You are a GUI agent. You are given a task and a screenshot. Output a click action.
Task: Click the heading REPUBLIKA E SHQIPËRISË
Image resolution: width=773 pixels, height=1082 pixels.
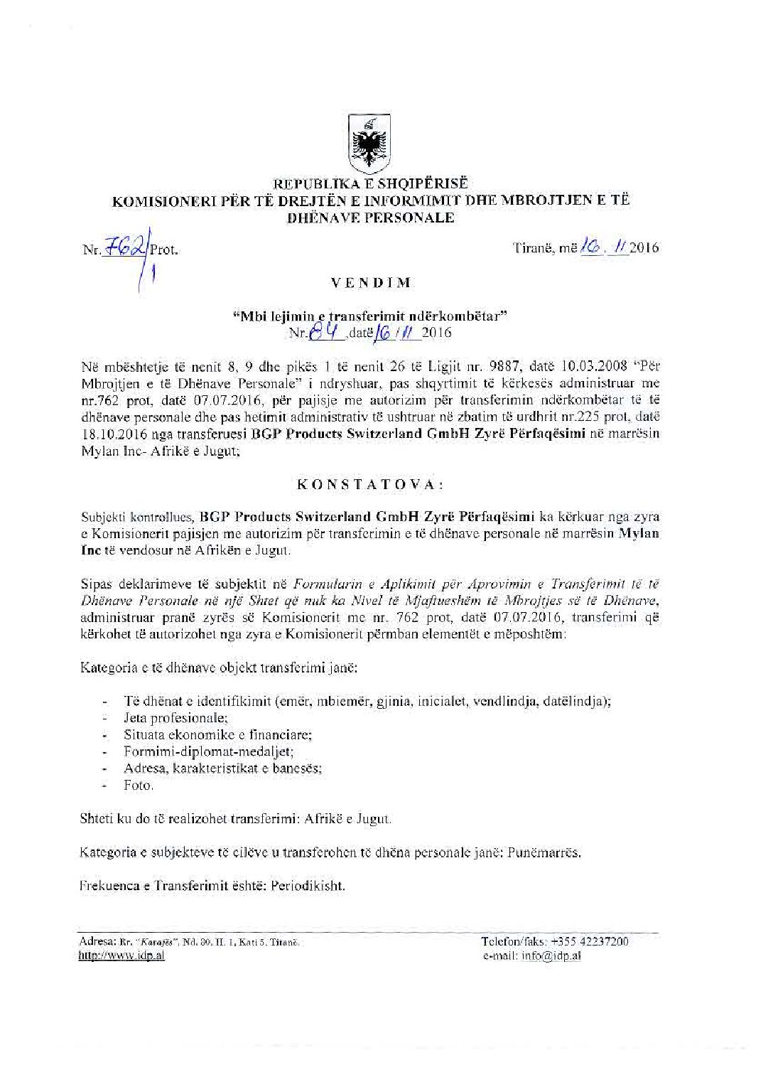coord(369,186)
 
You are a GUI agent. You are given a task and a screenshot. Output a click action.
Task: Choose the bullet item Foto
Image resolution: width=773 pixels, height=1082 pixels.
coord(139,786)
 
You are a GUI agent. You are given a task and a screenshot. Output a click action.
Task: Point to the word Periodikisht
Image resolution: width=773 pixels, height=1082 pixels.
coord(310,887)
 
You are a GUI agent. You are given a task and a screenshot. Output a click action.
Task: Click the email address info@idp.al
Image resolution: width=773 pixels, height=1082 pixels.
coord(551,955)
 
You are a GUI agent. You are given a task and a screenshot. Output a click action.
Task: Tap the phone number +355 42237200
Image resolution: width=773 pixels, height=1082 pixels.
coord(595,941)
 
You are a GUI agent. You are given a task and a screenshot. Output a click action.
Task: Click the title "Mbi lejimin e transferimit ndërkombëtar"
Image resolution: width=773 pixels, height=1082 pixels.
coord(369,316)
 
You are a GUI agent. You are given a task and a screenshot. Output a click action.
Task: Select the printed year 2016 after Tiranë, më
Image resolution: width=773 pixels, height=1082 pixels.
coord(644,248)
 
